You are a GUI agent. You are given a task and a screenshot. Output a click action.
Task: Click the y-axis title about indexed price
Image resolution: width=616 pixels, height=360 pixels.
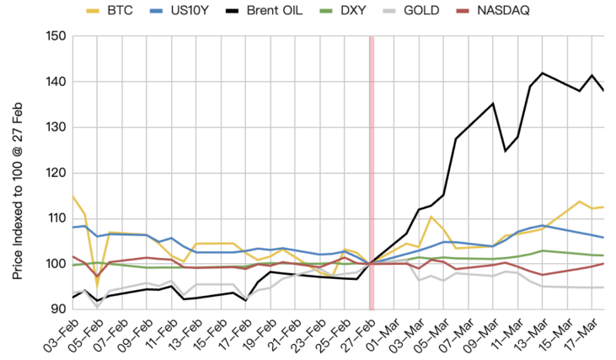click(x=19, y=173)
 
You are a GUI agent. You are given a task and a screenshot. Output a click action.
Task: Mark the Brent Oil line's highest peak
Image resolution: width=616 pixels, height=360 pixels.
click(x=542, y=73)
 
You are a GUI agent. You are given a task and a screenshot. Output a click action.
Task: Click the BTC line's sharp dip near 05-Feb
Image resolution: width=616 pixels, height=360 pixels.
click(x=97, y=285)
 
